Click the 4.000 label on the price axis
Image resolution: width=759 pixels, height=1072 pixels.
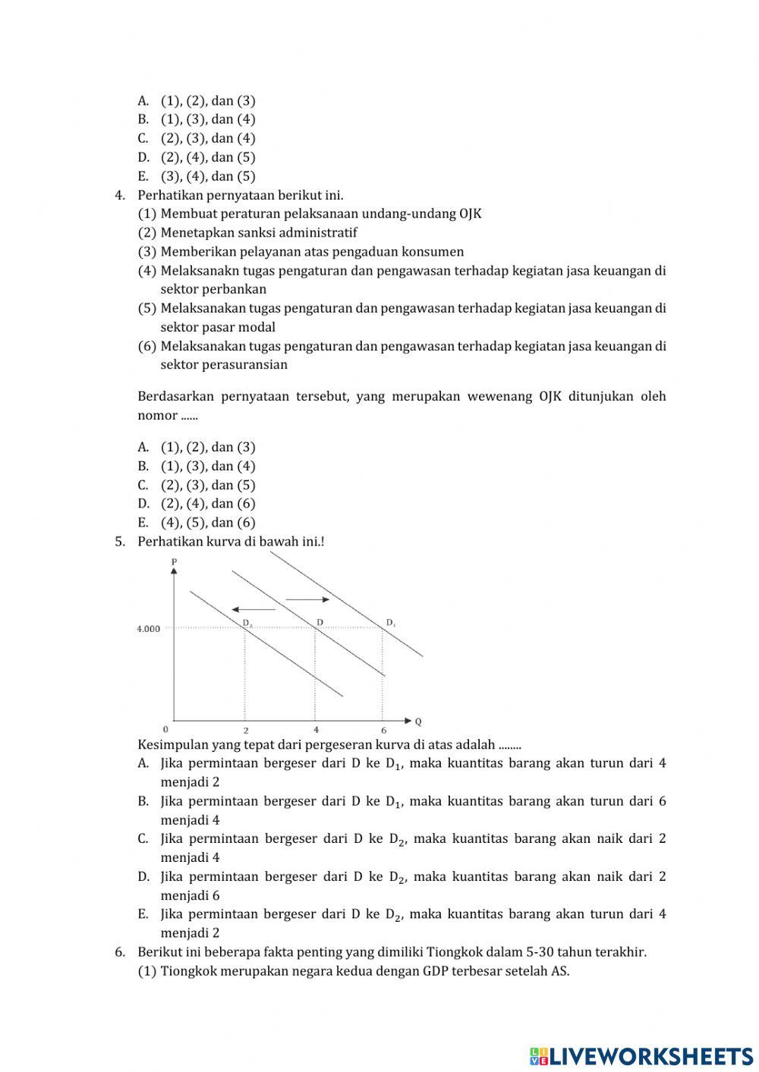[149, 629]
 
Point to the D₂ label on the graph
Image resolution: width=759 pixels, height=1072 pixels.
[247, 624]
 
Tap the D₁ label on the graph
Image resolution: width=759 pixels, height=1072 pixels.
[391, 623]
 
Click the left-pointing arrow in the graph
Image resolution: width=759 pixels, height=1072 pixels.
[254, 609]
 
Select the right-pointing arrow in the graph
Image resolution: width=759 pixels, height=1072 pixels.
[307, 599]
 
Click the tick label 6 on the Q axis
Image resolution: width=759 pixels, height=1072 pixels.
[383, 730]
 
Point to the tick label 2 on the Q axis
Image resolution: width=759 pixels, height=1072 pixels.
[245, 730]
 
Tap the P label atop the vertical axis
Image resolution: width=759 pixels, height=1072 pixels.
[174, 561]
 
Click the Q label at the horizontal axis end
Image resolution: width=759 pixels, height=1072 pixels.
[418, 721]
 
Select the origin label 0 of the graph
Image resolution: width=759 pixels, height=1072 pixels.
[165, 729]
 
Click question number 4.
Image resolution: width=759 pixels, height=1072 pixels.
[119, 196]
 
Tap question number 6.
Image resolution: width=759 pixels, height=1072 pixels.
[119, 952]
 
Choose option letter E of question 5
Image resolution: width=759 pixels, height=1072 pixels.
[143, 914]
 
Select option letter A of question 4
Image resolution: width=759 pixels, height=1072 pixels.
[143, 448]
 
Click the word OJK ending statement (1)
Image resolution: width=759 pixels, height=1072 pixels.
[471, 214]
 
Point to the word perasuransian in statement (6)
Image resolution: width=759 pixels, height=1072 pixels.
[224, 365]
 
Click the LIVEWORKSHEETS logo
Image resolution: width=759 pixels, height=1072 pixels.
[641, 1055]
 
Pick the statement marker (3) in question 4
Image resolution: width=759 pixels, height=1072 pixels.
[147, 252]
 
